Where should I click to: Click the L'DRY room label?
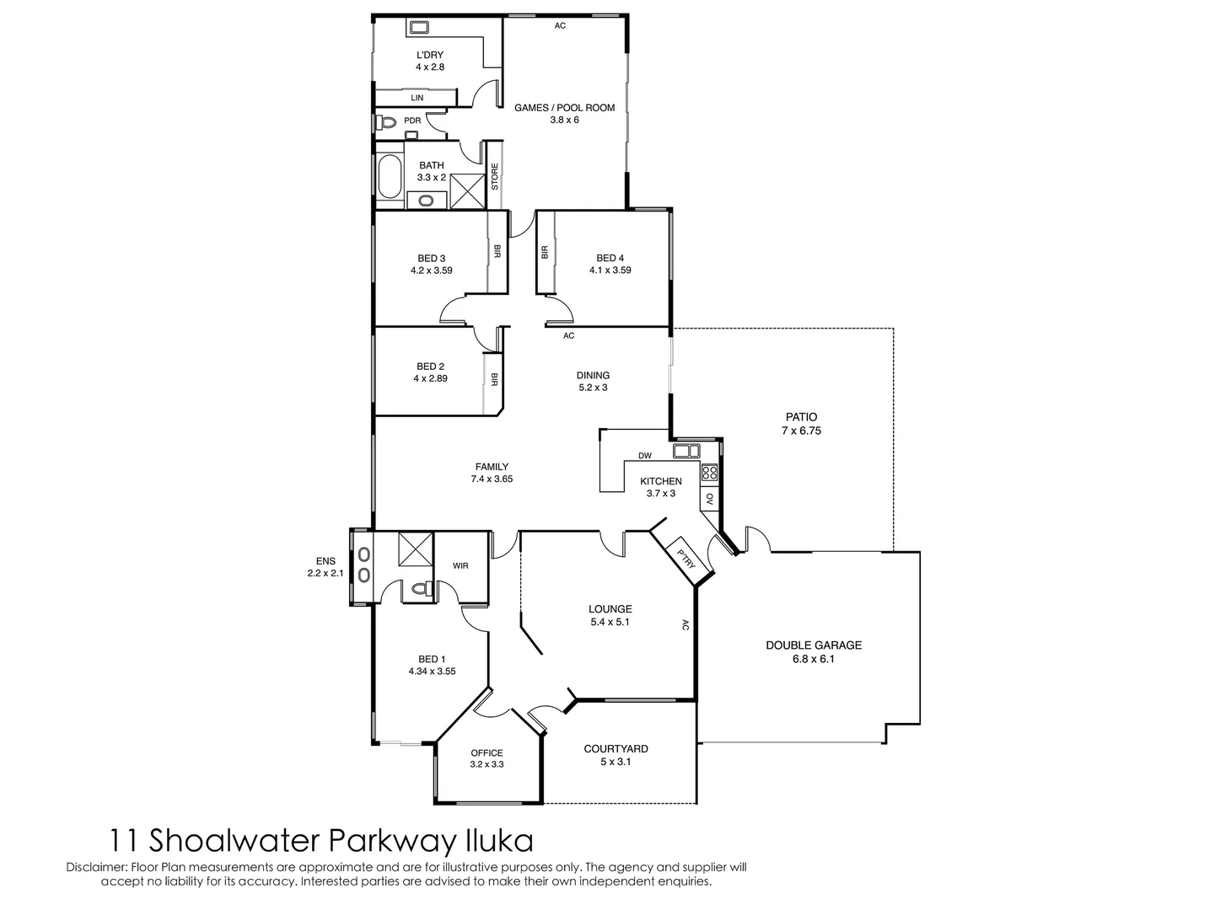429,55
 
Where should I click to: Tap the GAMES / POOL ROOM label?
564,108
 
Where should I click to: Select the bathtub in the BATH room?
390,178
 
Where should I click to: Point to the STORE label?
495,176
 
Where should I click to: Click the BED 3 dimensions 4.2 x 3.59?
431,270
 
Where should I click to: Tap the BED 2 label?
430,367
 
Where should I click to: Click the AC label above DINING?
568,336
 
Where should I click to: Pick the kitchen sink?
686,452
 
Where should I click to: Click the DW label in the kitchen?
645,456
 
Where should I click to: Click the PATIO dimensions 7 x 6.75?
801,431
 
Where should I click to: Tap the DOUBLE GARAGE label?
813,645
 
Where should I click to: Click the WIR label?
460,566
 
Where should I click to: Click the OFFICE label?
487,753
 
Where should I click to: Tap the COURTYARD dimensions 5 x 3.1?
616,762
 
